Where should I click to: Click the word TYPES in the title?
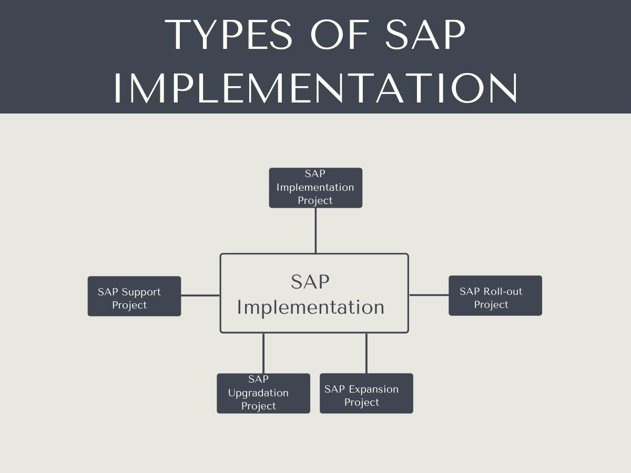point(229,35)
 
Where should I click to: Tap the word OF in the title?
point(340,35)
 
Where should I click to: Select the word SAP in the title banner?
point(425,35)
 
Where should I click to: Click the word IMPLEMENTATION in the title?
point(315,88)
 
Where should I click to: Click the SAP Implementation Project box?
point(315,188)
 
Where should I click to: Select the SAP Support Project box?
point(134,296)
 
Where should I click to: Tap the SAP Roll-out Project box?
point(495,295)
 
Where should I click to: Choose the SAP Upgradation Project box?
point(263,394)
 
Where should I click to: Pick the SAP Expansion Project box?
point(367,394)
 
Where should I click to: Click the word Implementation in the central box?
point(310,307)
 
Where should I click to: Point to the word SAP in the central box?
point(310,282)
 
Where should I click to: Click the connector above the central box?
point(315,231)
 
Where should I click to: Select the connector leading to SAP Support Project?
point(200,295)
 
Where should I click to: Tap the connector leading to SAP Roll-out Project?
point(429,295)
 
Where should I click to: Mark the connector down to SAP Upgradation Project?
point(263,353)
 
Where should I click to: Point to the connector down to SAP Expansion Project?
point(366,353)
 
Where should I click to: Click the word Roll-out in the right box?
point(503,291)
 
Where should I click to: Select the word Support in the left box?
point(141,292)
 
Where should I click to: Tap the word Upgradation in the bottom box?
point(258,393)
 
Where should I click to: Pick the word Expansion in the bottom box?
point(374,390)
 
